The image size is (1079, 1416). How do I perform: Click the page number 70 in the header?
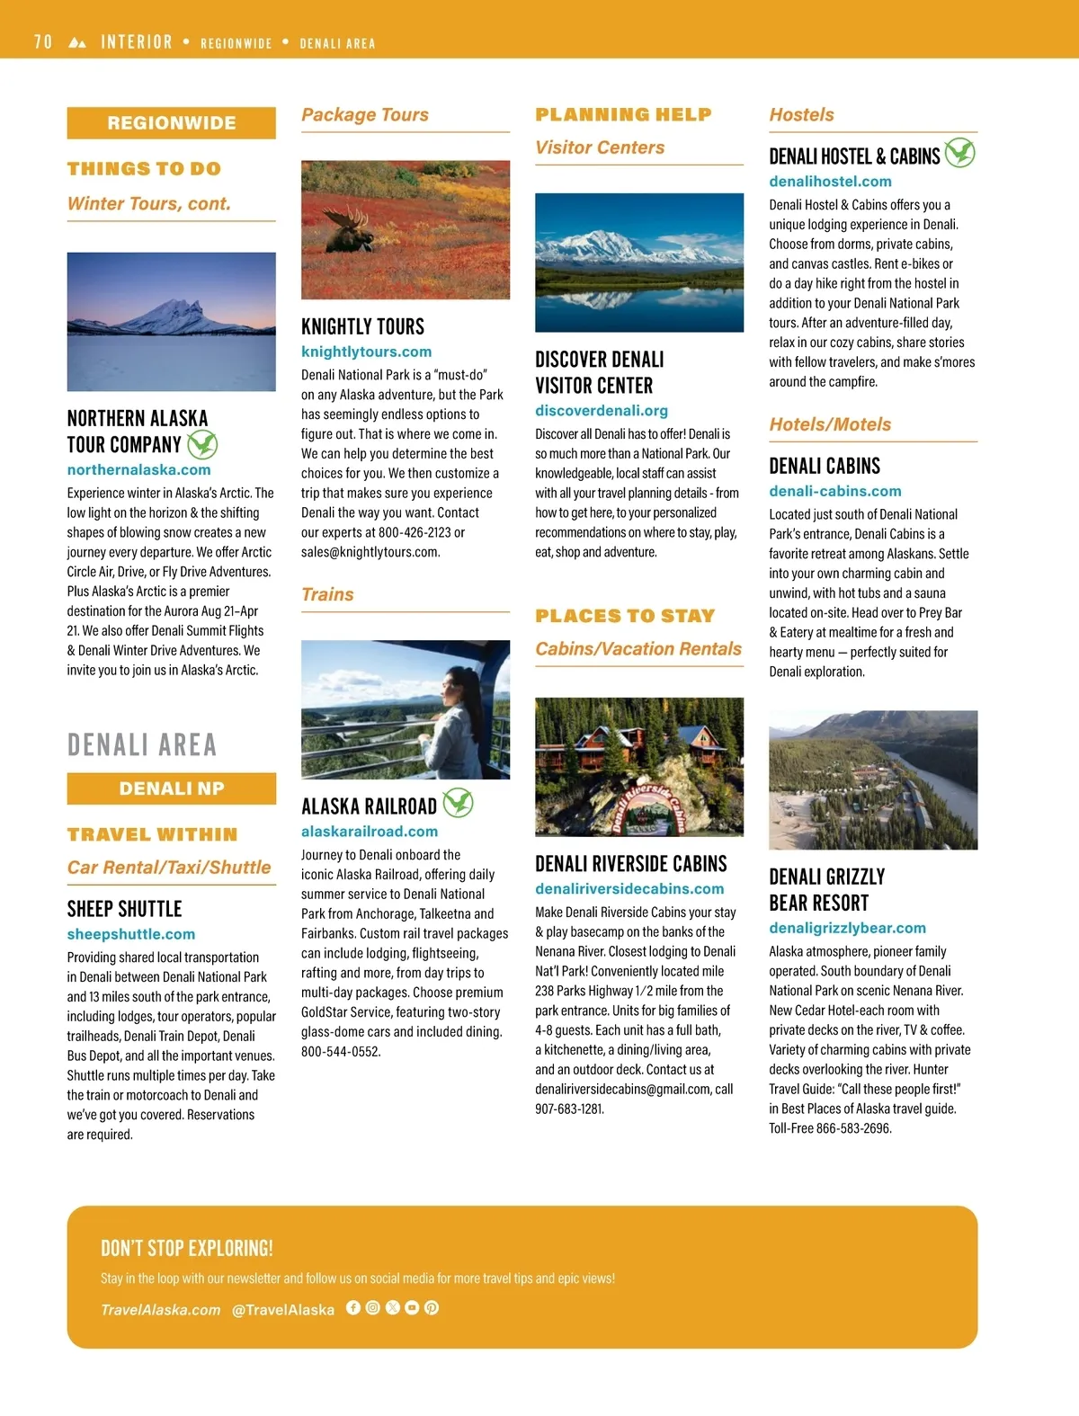point(43,42)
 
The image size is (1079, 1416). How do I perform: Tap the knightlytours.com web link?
point(366,352)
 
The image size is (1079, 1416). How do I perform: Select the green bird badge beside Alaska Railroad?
point(458,802)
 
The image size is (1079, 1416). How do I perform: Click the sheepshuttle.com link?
point(130,934)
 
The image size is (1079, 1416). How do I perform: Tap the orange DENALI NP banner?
point(172,788)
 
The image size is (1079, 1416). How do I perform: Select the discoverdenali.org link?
point(602,411)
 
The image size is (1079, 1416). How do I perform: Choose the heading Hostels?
point(801,115)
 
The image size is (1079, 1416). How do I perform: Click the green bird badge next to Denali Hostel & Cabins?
point(959,153)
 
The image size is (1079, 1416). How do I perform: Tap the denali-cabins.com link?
point(834,491)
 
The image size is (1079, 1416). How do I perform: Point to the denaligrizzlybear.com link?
point(847,928)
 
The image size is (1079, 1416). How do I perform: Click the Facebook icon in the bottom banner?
point(353,1308)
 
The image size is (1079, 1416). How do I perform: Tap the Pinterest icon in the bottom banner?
point(432,1308)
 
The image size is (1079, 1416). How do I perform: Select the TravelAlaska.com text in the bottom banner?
point(160,1310)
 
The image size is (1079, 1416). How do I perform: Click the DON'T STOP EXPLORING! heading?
point(187,1248)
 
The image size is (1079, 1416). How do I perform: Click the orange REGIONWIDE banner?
point(172,123)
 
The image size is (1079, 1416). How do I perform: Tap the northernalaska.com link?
point(138,469)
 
